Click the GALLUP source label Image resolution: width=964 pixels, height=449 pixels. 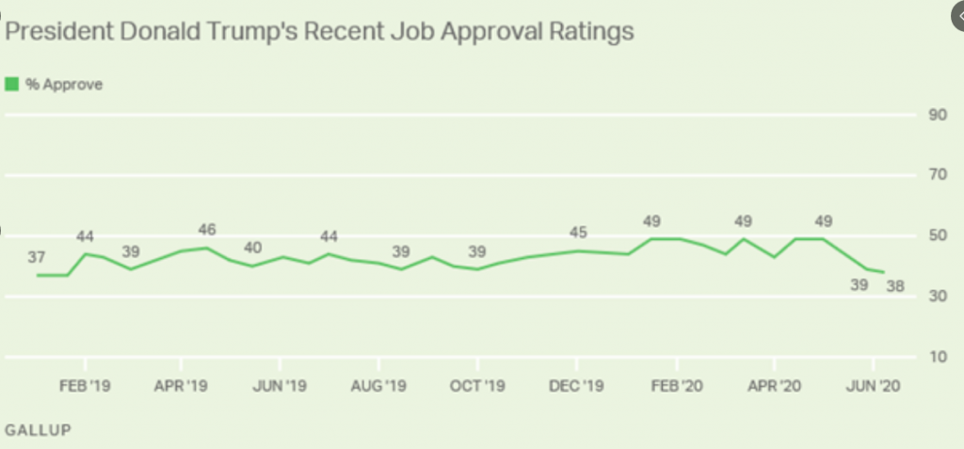point(39,429)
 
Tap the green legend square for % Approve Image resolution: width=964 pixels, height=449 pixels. point(12,85)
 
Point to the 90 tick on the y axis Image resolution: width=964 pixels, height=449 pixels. point(938,115)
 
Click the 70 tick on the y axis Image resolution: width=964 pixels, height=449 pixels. point(938,175)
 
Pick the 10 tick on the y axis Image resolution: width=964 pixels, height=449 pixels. point(938,358)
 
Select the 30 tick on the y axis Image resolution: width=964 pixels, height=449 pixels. point(938,297)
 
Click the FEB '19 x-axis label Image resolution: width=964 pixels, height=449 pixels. point(85,385)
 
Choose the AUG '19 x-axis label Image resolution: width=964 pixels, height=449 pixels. point(378,385)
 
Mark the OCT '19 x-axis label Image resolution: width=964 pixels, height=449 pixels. point(477,385)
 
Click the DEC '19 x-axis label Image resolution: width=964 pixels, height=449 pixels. point(575,385)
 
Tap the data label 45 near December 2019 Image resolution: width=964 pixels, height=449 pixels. point(579,233)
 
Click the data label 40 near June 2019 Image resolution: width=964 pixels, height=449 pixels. point(253,249)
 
